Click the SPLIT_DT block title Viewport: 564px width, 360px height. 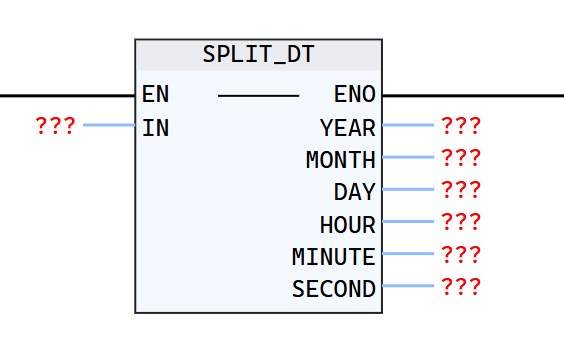coord(258,55)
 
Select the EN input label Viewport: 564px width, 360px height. coord(156,95)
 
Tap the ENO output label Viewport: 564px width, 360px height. coord(355,95)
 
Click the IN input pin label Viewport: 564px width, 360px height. coord(156,127)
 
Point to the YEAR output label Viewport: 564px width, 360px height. coord(348,127)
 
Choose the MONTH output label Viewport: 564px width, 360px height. coord(341,159)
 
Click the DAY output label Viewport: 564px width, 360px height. coord(355,191)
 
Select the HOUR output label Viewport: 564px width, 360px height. coord(348,224)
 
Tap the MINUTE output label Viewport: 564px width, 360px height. coord(334,256)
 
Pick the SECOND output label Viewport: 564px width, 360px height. coord(334,289)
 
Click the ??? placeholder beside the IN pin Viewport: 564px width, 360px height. coord(55,126)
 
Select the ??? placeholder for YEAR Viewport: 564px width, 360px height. coord(461,126)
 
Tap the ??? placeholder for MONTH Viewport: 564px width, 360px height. coord(461,158)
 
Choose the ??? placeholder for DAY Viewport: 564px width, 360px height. coord(461,190)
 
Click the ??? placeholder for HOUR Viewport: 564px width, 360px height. coord(461,222)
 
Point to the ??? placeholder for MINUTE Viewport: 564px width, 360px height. coord(461,255)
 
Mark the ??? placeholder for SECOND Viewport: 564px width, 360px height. coord(461,287)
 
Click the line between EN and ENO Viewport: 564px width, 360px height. coord(258,96)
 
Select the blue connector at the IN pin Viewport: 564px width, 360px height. coord(109,126)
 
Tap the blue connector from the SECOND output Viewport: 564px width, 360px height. coord(408,287)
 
